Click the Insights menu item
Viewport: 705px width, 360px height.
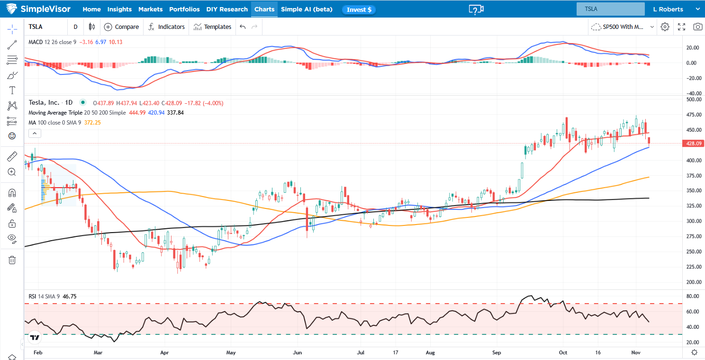119,9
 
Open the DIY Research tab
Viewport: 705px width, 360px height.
227,9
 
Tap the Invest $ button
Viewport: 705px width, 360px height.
359,9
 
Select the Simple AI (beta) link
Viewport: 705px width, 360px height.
307,9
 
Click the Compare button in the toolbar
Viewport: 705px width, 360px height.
121,27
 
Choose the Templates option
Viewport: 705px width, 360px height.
212,27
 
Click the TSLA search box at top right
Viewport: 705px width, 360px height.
610,9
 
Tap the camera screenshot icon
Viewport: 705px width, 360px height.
697,27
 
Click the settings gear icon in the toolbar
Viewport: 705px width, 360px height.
665,27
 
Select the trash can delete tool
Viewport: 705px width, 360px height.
12,260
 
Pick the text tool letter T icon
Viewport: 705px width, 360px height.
12,90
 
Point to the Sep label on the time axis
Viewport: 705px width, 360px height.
497,352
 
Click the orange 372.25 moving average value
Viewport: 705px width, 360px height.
91,123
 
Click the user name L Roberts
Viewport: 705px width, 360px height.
668,9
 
